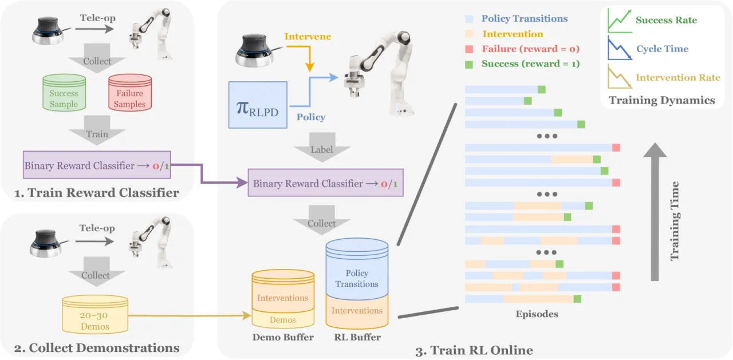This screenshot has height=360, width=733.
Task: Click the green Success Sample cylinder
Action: click(x=64, y=93)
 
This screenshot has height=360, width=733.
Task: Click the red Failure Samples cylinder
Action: click(x=130, y=93)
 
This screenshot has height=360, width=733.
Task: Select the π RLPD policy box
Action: click(x=258, y=105)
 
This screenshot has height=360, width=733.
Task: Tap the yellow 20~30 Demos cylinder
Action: click(x=95, y=314)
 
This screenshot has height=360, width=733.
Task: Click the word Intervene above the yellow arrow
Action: click(x=308, y=36)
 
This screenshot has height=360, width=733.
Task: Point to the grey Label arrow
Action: click(x=322, y=147)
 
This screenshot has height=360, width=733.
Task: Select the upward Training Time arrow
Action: click(x=655, y=212)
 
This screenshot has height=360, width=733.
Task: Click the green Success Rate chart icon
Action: click(x=620, y=21)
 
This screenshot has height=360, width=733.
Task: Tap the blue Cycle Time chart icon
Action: click(x=620, y=49)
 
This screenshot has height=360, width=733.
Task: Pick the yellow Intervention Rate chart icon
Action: click(x=620, y=77)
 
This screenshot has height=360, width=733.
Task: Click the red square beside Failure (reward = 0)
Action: click(x=469, y=49)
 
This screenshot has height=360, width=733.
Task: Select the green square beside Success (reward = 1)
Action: click(x=469, y=65)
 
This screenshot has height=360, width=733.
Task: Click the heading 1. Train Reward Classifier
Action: click(x=97, y=192)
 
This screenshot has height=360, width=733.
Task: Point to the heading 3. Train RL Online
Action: click(x=474, y=350)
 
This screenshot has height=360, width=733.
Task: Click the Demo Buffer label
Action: click(x=283, y=337)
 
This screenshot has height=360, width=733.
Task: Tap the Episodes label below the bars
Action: click(x=537, y=314)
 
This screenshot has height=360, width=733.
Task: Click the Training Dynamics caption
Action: click(x=661, y=100)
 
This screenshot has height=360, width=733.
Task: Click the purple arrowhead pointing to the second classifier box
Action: click(x=242, y=183)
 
